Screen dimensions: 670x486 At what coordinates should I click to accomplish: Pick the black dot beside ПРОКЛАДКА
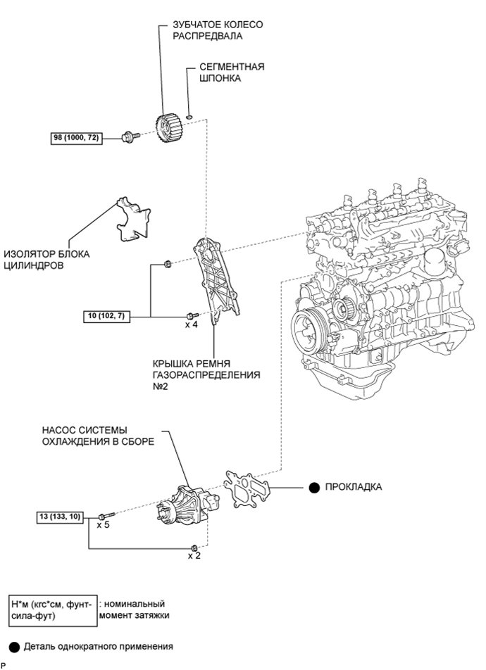click(313, 487)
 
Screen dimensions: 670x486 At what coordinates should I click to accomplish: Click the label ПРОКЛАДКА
click(354, 487)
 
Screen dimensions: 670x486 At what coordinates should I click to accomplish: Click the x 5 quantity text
click(102, 525)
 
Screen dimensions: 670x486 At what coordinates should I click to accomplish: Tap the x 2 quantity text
click(195, 556)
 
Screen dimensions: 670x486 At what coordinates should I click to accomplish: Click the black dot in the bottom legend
click(14, 645)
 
